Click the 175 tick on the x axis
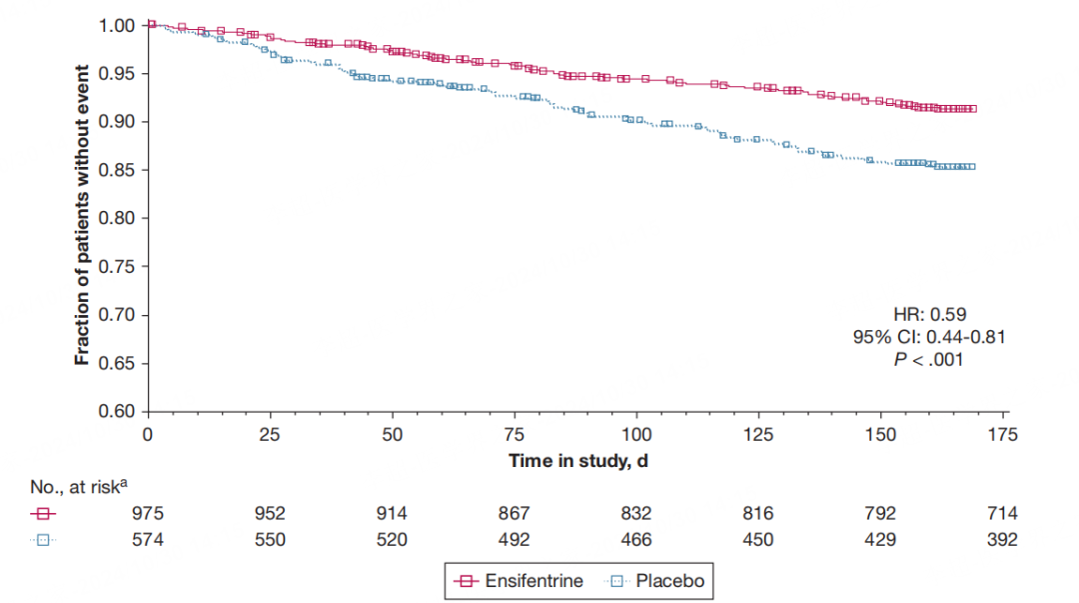[1003, 435]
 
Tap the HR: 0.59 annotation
[929, 314]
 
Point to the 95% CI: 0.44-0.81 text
[929, 337]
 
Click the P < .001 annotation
[929, 360]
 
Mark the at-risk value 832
[635, 514]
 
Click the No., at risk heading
[79, 486]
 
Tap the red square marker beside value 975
[44, 514]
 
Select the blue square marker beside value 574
[44, 539]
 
